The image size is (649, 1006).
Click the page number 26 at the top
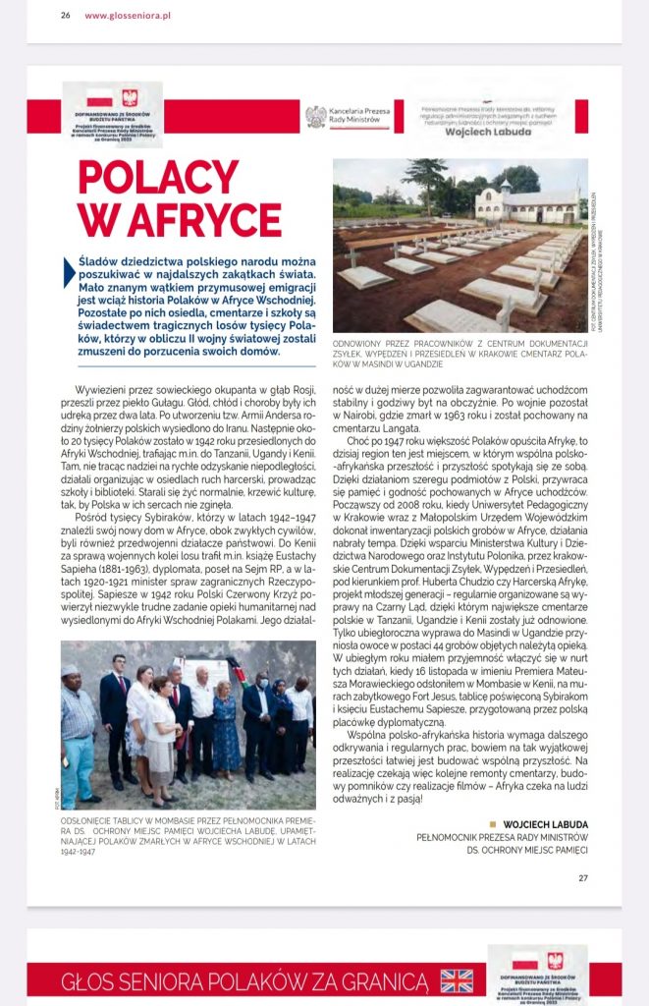click(x=65, y=16)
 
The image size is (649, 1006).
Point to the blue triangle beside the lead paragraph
click(x=69, y=270)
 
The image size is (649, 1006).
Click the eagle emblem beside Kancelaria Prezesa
click(x=315, y=116)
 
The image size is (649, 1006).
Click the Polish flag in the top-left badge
click(x=100, y=97)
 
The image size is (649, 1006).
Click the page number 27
click(x=582, y=878)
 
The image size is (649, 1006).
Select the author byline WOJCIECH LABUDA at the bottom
click(x=546, y=823)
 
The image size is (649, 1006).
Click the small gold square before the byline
click(x=493, y=823)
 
